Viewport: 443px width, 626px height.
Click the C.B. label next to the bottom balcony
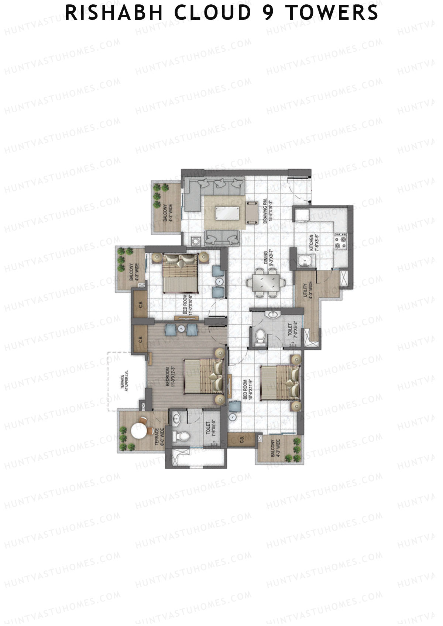(242, 439)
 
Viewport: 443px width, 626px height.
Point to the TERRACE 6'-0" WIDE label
(159, 436)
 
